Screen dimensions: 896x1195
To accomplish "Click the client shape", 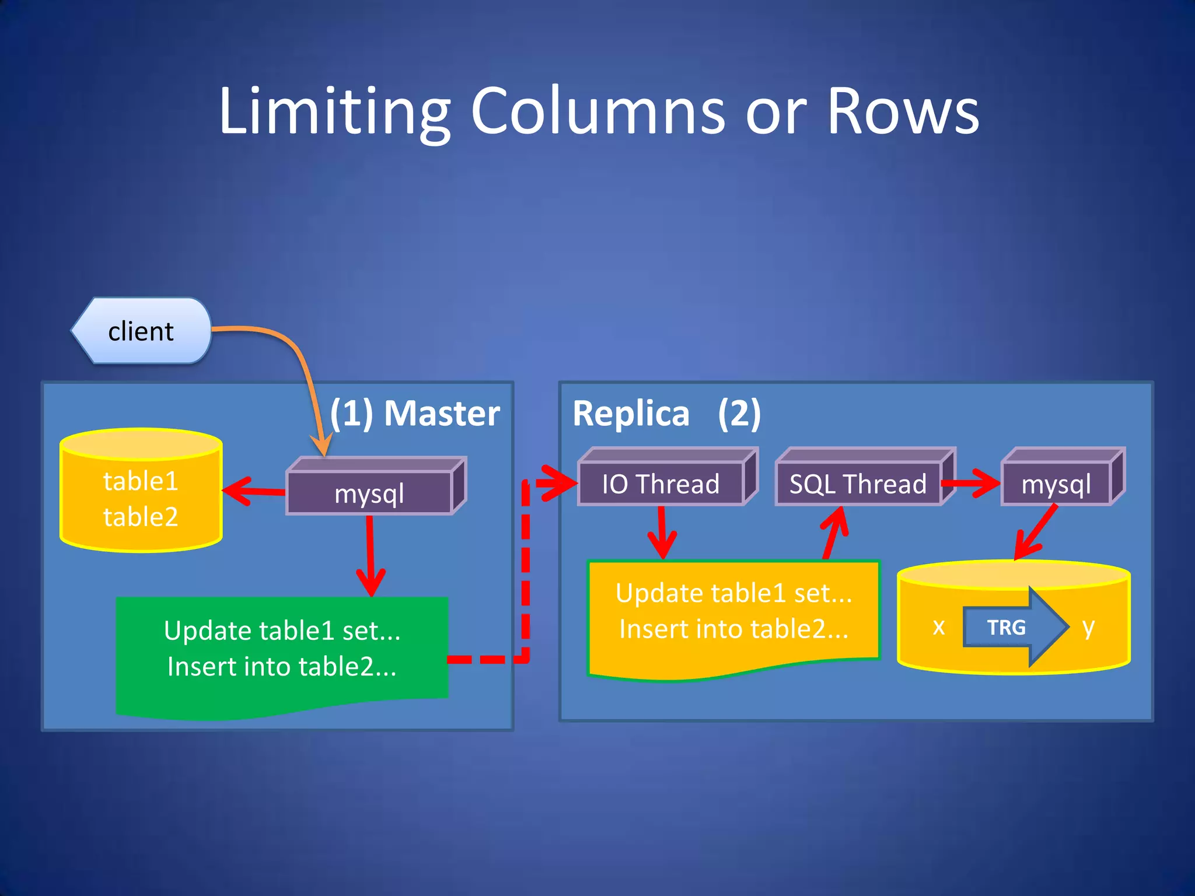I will tap(141, 331).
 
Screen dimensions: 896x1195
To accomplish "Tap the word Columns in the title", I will tap(597, 111).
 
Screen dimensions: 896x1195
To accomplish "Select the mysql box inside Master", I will tap(369, 494).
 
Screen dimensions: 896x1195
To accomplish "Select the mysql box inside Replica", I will tap(1056, 484).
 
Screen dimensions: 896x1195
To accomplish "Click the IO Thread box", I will tap(661, 484).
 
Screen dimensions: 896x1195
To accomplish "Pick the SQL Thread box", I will tap(858, 484).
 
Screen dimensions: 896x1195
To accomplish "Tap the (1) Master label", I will tap(415, 414).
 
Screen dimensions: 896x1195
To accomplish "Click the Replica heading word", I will tap(631, 414).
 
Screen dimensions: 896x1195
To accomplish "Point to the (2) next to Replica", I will tap(739, 414).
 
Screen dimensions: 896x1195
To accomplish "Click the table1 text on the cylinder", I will tap(141, 481).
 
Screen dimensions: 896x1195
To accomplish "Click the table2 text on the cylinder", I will tap(141, 517).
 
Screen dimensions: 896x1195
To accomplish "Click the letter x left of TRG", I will tap(938, 627).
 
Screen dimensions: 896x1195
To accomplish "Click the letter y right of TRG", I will tap(1088, 627).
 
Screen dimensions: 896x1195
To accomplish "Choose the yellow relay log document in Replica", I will tap(733, 612).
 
